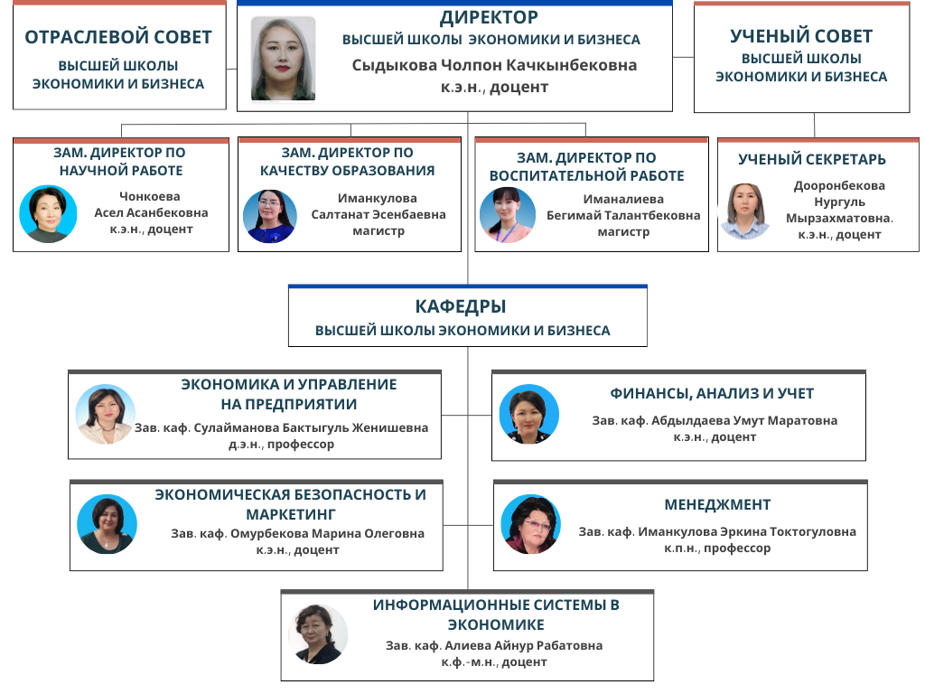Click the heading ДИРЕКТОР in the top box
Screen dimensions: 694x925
click(x=489, y=17)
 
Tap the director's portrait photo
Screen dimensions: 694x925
click(x=283, y=59)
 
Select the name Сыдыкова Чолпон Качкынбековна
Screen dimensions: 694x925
click(x=494, y=65)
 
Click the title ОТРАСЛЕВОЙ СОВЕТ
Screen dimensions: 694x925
click(x=118, y=37)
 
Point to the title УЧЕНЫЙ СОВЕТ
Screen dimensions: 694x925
click(x=801, y=36)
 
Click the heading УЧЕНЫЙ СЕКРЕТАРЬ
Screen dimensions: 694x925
click(x=812, y=160)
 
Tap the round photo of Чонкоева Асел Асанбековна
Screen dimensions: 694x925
click(x=47, y=214)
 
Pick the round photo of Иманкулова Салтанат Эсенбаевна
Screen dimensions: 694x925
click(x=270, y=215)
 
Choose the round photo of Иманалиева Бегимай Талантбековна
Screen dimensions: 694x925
click(x=508, y=215)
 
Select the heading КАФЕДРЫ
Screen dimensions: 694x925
click(x=461, y=306)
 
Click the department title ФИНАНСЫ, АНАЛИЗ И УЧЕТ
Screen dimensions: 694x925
click(x=712, y=394)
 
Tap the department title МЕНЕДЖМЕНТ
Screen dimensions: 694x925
click(x=717, y=504)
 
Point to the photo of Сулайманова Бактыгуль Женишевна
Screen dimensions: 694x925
click(x=105, y=415)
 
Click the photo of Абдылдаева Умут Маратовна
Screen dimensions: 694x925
click(x=528, y=415)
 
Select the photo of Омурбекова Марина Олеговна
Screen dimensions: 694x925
click(x=107, y=524)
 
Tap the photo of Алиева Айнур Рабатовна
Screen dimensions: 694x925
click(x=318, y=634)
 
